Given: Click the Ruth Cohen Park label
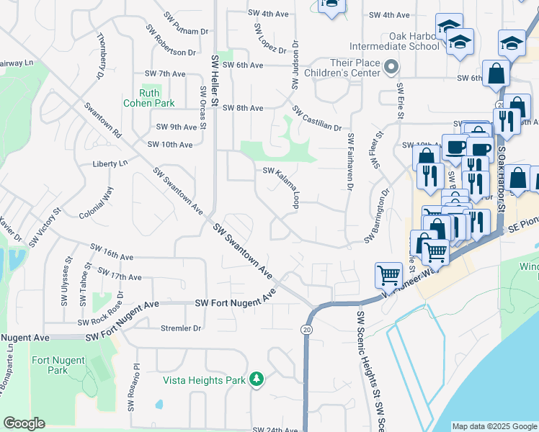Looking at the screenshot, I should tap(158, 98).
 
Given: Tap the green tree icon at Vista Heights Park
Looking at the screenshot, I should tap(256, 379).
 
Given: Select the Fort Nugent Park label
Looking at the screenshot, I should tap(50, 365).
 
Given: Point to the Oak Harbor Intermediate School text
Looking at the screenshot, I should tap(393, 41).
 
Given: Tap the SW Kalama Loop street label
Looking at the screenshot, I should tap(282, 186).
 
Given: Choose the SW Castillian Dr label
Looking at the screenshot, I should tap(316, 119).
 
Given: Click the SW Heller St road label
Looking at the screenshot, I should tap(215, 79).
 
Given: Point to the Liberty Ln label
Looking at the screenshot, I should tap(110, 163).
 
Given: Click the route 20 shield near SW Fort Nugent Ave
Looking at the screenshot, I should tap(306, 328).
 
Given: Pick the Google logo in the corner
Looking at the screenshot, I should tap(24, 423).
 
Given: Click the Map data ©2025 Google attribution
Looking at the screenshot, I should tap(494, 426).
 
